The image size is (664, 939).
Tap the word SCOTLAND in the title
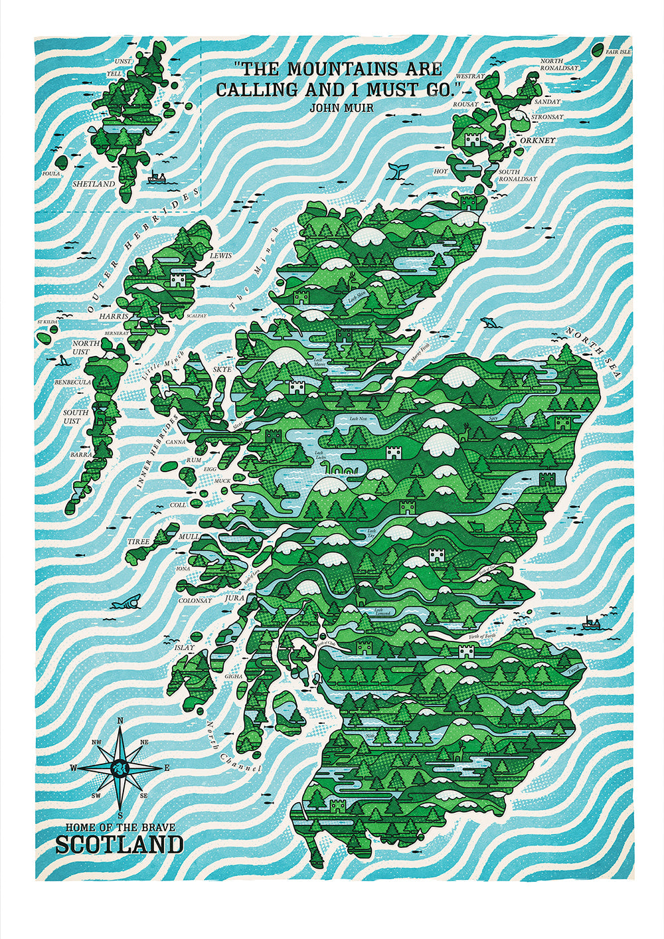[x=120, y=845]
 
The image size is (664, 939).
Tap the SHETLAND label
[x=94, y=184]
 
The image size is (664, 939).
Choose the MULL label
[x=189, y=535]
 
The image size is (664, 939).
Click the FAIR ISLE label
[x=618, y=51]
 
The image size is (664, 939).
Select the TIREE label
[x=139, y=542]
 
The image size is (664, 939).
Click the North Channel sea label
[x=232, y=747]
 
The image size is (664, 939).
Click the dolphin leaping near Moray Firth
[x=489, y=323]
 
